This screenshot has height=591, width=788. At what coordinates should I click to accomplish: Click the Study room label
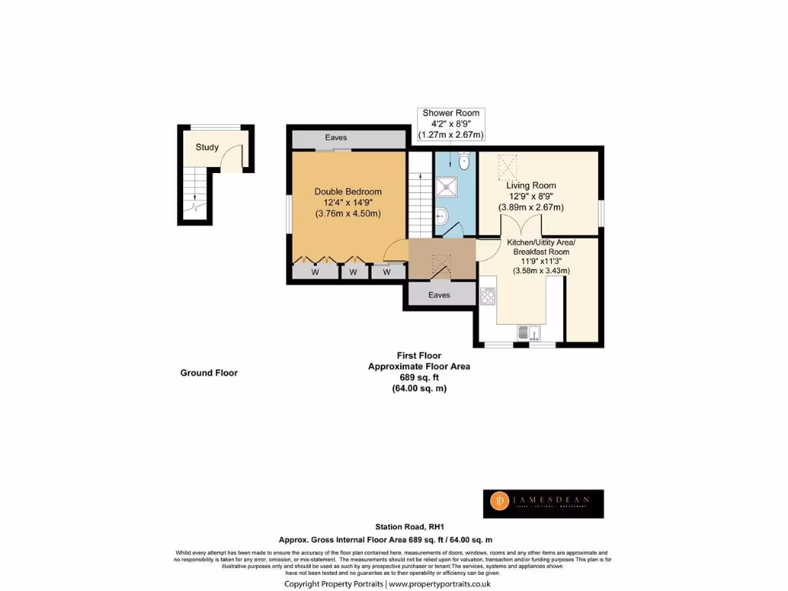207,147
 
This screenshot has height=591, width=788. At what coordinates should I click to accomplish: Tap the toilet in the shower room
463,162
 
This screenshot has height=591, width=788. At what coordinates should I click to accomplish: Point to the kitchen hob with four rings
488,295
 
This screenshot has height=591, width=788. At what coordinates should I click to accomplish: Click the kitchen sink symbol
528,332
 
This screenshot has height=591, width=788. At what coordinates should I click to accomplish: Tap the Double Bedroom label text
348,192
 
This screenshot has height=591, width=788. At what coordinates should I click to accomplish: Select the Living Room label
531,185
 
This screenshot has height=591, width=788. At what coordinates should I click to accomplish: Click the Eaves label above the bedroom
336,138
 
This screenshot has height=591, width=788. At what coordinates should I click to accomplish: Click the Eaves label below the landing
439,295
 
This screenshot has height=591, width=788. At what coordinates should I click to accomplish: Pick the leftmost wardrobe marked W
315,272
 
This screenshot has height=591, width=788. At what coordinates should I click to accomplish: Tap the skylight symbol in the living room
507,165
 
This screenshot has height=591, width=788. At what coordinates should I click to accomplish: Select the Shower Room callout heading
451,113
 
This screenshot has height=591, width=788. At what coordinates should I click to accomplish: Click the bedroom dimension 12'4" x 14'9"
348,202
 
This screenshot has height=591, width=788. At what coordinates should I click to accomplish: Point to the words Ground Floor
209,372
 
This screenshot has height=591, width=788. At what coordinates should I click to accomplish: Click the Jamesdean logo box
543,503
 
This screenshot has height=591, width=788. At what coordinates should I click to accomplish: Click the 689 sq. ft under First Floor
419,378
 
